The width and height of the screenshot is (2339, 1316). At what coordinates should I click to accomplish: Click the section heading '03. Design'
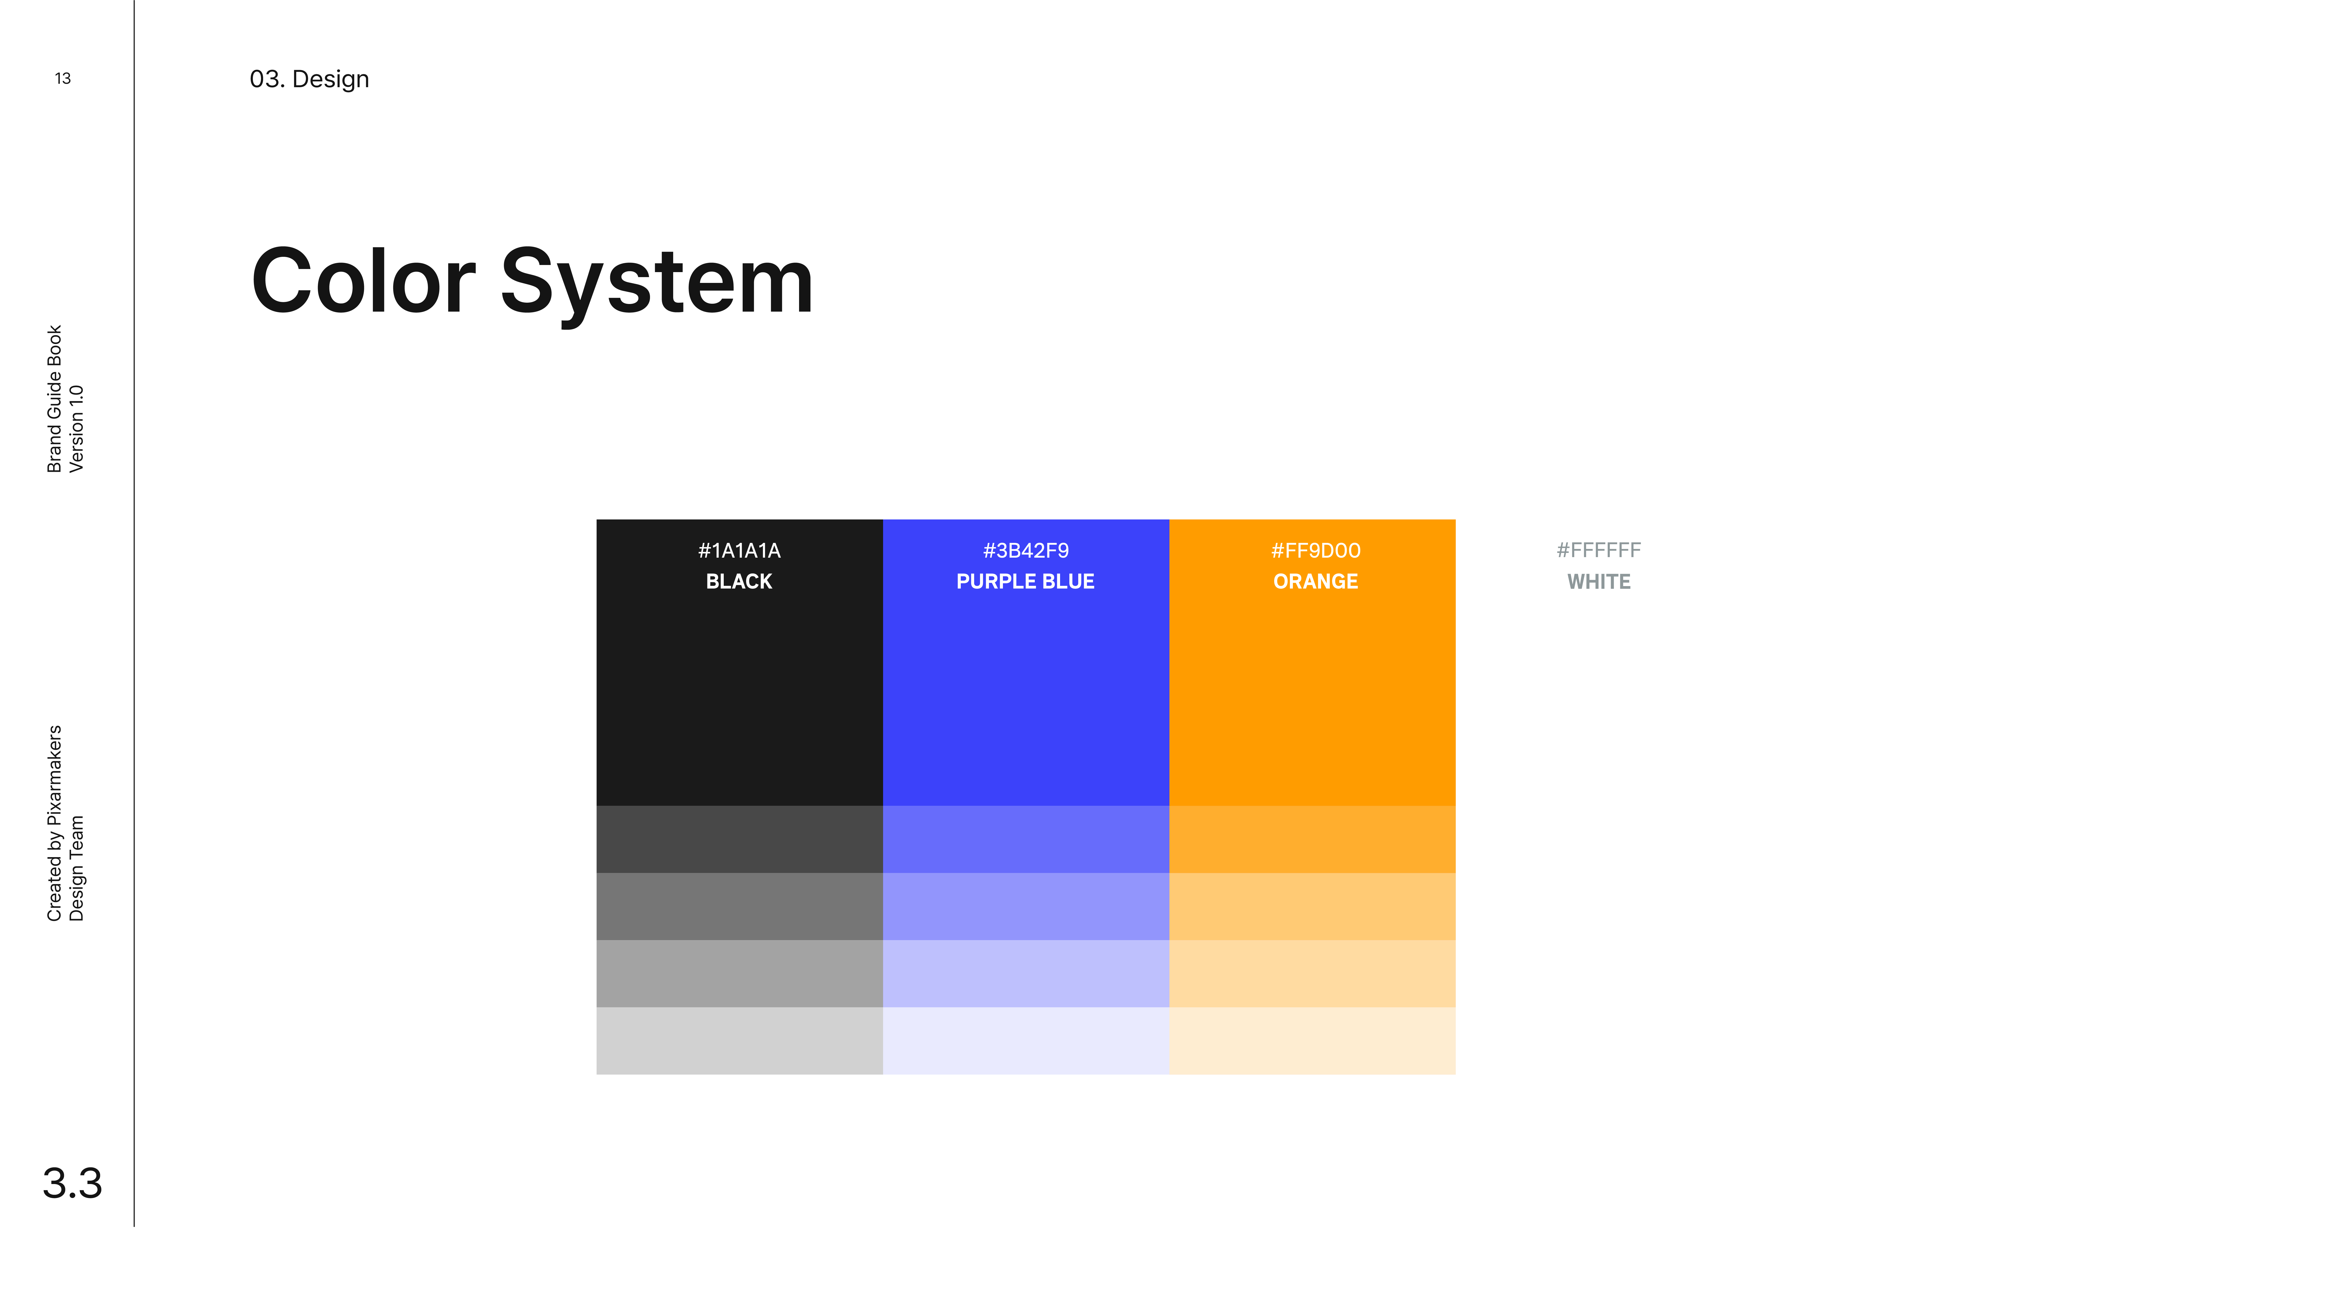point(310,79)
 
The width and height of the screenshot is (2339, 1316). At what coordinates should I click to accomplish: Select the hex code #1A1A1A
point(739,550)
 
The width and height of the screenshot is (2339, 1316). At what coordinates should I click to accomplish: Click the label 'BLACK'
point(739,581)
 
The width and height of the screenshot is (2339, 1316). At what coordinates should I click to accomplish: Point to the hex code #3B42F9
point(1026,550)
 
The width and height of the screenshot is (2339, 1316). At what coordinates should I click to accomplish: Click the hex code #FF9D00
point(1316,550)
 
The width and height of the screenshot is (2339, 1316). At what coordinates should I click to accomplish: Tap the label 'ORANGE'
point(1316,581)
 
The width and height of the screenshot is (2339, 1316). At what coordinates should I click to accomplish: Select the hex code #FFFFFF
point(1599,550)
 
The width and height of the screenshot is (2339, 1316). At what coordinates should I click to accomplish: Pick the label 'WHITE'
point(1599,581)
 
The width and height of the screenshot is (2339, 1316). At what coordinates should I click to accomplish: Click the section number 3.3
point(73,1184)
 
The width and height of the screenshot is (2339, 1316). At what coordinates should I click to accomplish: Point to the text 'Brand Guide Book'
point(55,399)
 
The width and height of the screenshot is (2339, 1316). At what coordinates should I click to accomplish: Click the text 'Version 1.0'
point(76,429)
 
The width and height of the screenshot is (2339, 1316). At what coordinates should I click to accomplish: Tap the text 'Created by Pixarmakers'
point(55,823)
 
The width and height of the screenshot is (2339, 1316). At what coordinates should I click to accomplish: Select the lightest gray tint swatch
point(739,1041)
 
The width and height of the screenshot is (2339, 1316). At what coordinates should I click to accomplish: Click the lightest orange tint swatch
point(1312,1041)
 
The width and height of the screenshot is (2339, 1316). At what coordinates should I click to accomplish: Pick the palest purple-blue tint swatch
point(1026,1041)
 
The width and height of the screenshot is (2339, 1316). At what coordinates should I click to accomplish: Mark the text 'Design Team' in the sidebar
point(76,868)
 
